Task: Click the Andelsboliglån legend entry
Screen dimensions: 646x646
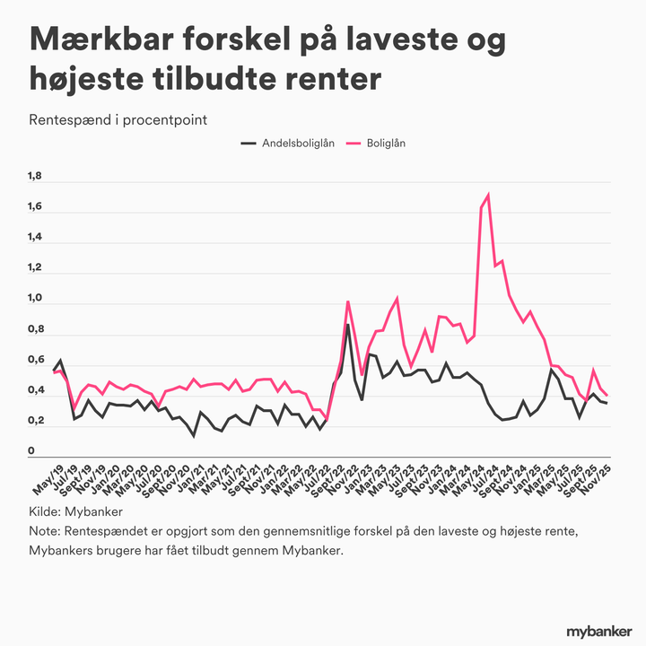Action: [298, 143]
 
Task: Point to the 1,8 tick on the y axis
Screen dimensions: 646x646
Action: [35, 177]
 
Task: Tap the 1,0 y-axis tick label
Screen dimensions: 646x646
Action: [35, 299]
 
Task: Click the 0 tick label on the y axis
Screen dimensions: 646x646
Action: [31, 451]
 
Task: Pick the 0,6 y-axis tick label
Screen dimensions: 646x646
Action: [35, 360]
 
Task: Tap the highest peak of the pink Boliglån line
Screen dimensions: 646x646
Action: [487, 195]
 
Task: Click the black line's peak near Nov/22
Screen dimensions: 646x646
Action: [348, 325]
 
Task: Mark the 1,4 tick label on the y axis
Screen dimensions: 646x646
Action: [35, 238]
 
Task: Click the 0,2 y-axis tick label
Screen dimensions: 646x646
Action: [35, 421]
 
